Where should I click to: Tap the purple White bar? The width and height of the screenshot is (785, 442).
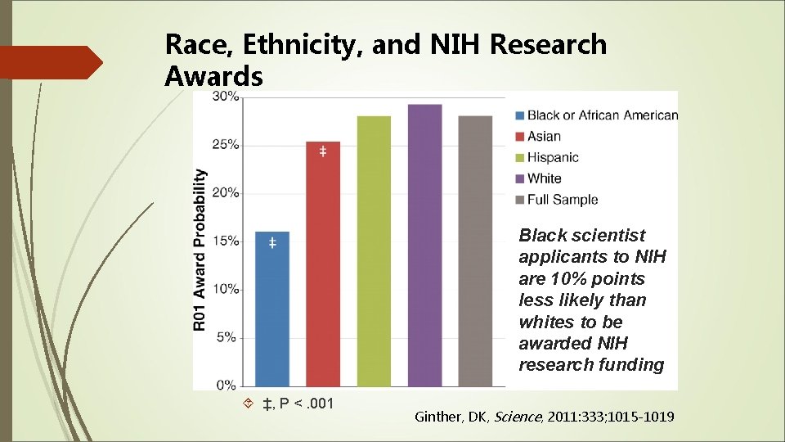(424, 246)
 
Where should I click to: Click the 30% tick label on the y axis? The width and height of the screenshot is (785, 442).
(226, 97)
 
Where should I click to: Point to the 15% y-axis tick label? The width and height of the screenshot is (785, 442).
(226, 241)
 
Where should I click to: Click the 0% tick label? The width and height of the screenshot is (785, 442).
(228, 386)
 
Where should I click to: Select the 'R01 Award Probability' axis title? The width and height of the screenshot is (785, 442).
(200, 250)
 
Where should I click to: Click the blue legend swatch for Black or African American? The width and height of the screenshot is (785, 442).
(520, 115)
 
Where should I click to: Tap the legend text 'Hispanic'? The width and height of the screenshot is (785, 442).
(553, 157)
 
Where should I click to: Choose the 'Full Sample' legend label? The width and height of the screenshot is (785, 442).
(563, 200)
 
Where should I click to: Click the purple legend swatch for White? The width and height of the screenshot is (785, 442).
(520, 178)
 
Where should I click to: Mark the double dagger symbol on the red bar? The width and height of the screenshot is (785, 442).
(323, 152)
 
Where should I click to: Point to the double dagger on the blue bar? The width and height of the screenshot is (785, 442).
(272, 243)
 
